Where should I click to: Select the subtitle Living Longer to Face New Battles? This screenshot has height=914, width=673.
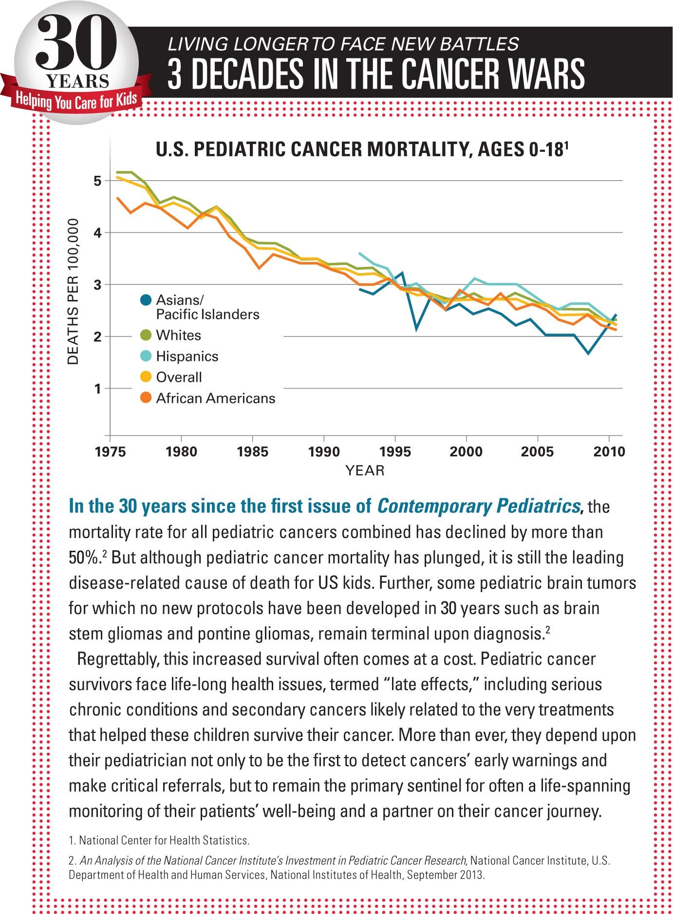[343, 44]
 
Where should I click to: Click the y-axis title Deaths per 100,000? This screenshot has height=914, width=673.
[73, 291]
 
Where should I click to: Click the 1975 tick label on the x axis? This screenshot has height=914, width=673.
[111, 452]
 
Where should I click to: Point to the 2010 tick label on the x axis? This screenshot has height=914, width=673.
[609, 452]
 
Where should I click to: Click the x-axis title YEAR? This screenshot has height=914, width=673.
[365, 470]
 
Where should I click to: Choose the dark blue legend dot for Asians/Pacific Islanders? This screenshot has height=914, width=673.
[145, 300]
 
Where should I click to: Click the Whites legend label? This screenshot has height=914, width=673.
[178, 336]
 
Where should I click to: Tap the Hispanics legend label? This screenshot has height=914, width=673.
[187, 356]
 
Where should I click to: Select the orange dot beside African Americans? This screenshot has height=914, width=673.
[145, 398]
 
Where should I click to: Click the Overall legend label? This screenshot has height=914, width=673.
[179, 377]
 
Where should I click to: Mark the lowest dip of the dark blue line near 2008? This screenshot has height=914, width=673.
[588, 353]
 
